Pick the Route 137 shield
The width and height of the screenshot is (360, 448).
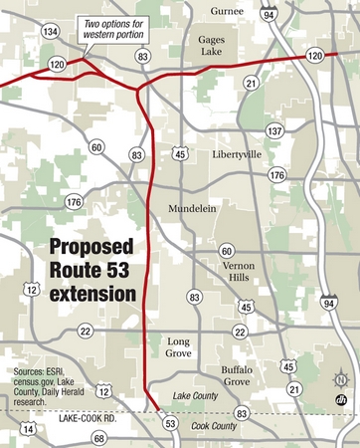pos(274,130)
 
